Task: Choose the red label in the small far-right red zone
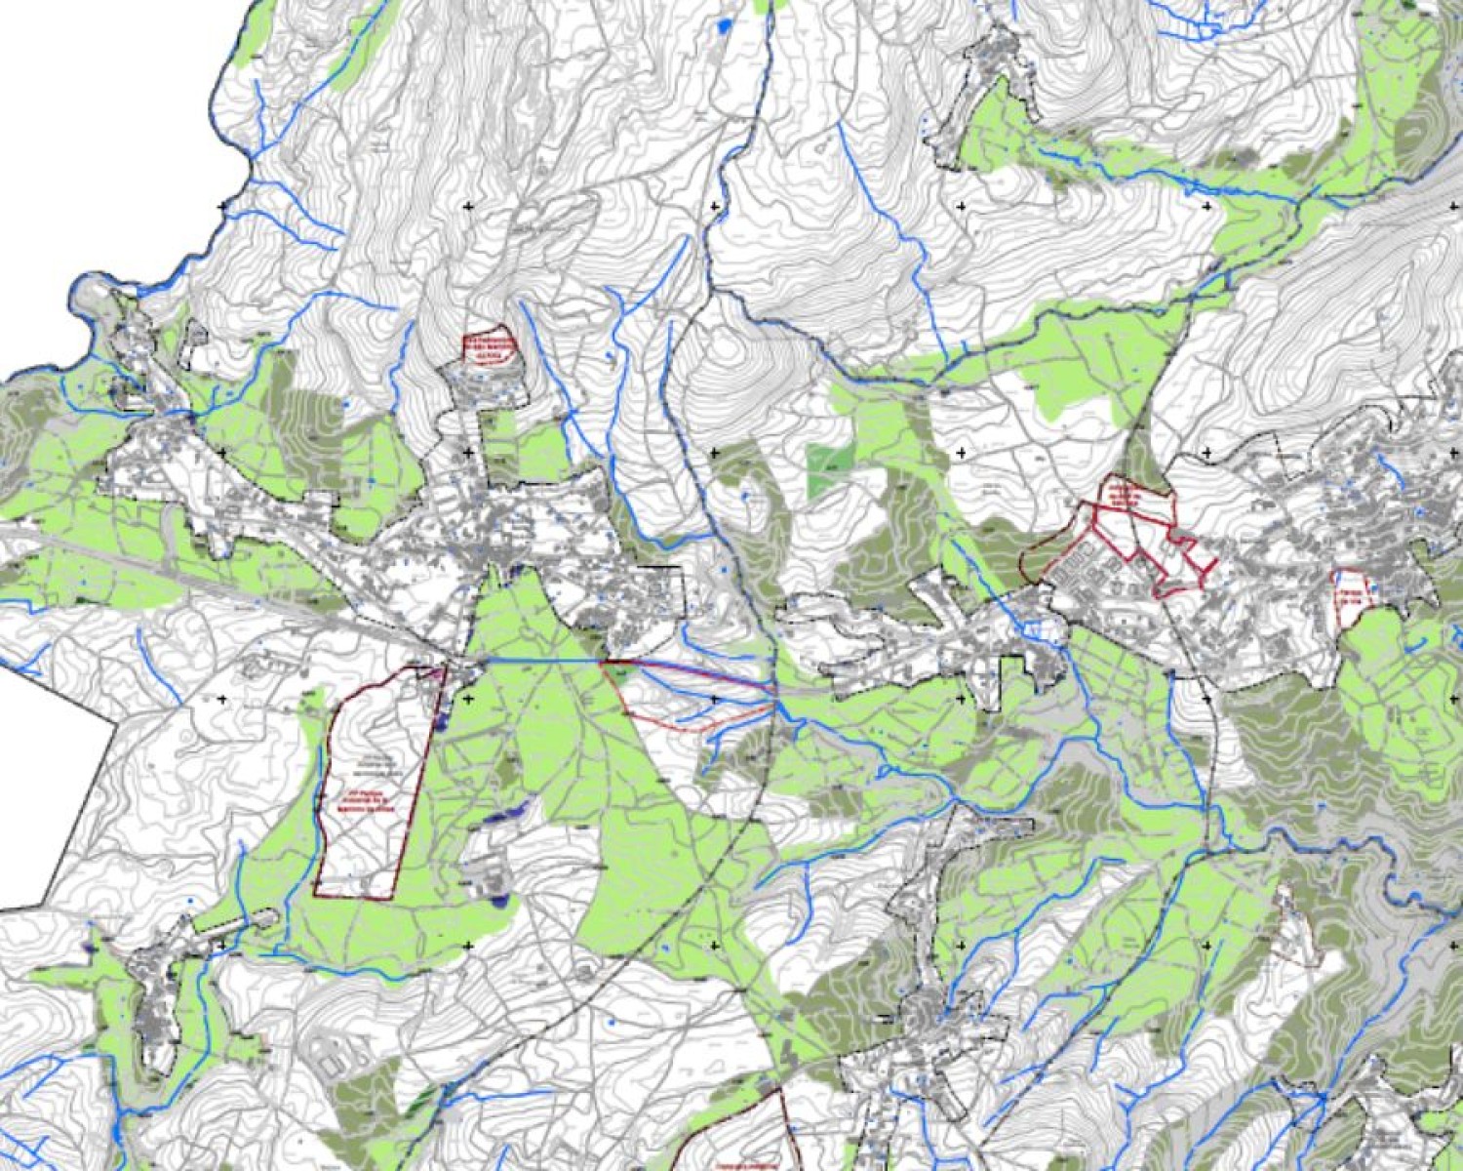point(1349,597)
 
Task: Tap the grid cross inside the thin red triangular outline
point(715,699)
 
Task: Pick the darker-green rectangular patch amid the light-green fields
point(828,469)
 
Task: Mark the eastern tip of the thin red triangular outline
point(776,696)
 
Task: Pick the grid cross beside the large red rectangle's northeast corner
point(469,699)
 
